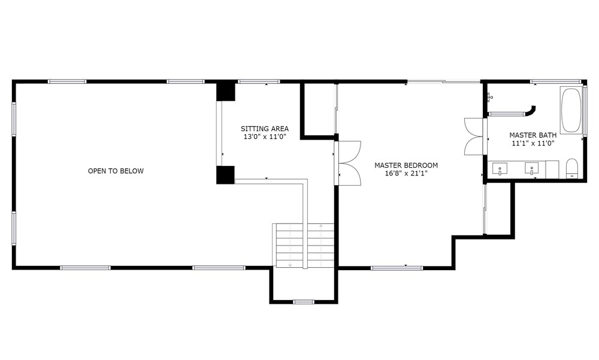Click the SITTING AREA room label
[x=264, y=129]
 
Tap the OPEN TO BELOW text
[x=116, y=171]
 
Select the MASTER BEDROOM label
[x=406, y=165]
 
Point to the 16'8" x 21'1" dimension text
[x=406, y=173]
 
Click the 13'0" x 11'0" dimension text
[x=265, y=137]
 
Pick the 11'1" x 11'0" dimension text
[x=533, y=143]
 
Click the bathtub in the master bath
[x=571, y=110]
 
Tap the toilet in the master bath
[x=571, y=168]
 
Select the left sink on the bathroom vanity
[x=500, y=168]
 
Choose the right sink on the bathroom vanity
[x=531, y=168]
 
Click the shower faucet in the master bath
[x=490, y=98]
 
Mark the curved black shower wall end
[x=531, y=111]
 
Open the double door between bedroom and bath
[x=474, y=137]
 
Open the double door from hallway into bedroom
[x=349, y=163]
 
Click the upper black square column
[x=225, y=91]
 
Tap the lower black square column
[x=225, y=175]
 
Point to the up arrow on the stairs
[x=321, y=244]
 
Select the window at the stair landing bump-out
[x=304, y=301]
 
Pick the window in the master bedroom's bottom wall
[x=397, y=268]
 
